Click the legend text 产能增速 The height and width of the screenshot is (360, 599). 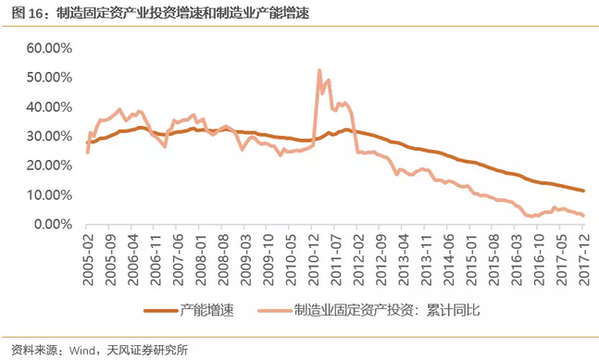coord(205,308)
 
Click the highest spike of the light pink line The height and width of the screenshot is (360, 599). coord(318,70)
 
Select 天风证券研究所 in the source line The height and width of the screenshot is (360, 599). coord(149,350)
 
